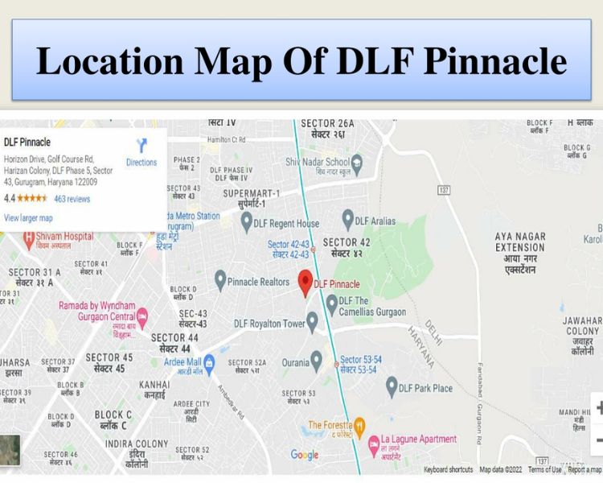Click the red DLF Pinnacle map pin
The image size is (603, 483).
coord(306,283)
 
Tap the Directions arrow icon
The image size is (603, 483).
coord(142,146)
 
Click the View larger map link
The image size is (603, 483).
coord(28,218)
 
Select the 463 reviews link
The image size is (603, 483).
coord(72,199)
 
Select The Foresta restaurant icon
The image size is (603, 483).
coord(360,424)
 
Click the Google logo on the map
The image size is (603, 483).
coord(305,455)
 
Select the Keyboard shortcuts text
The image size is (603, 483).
coord(448,469)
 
